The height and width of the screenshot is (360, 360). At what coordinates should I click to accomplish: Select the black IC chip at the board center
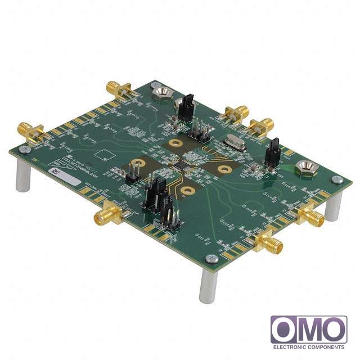181,166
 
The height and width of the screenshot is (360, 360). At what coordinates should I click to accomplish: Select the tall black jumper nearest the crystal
272,152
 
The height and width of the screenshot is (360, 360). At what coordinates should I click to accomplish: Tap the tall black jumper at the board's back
187,107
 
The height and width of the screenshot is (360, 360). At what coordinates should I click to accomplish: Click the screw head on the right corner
337,180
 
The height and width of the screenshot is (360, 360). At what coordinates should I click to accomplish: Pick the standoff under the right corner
334,205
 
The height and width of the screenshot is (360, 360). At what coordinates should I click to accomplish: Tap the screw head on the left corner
23,150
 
